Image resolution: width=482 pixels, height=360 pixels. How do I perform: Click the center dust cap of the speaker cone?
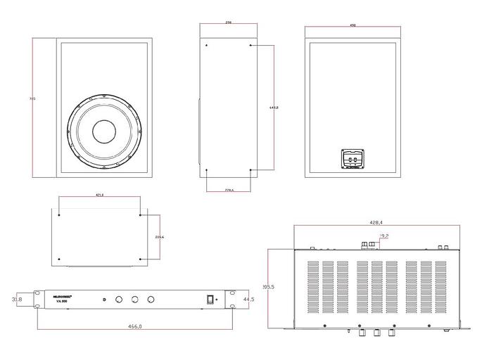(104, 131)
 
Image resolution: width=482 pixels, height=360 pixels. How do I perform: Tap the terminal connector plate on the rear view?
(350, 160)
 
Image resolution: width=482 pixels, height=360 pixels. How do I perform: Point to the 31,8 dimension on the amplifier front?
(17, 300)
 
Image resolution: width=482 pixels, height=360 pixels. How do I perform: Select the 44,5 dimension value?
(247, 300)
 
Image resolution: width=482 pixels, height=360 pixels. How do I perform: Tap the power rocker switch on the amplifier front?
(208, 300)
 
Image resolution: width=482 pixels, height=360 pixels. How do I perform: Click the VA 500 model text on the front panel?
(61, 303)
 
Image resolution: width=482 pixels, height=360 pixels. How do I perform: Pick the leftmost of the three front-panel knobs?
(118, 300)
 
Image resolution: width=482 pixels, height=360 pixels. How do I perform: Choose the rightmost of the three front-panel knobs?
(151, 300)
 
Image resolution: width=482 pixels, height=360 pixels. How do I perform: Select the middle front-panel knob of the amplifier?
(134, 300)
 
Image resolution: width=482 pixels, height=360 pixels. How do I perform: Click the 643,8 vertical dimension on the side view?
(274, 108)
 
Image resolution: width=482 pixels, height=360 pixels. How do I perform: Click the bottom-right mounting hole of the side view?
(251, 170)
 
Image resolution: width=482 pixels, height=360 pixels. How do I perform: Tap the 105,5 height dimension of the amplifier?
(268, 287)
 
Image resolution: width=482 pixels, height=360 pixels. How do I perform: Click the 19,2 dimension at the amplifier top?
(384, 237)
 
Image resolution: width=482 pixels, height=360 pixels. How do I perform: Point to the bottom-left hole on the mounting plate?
(60, 259)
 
